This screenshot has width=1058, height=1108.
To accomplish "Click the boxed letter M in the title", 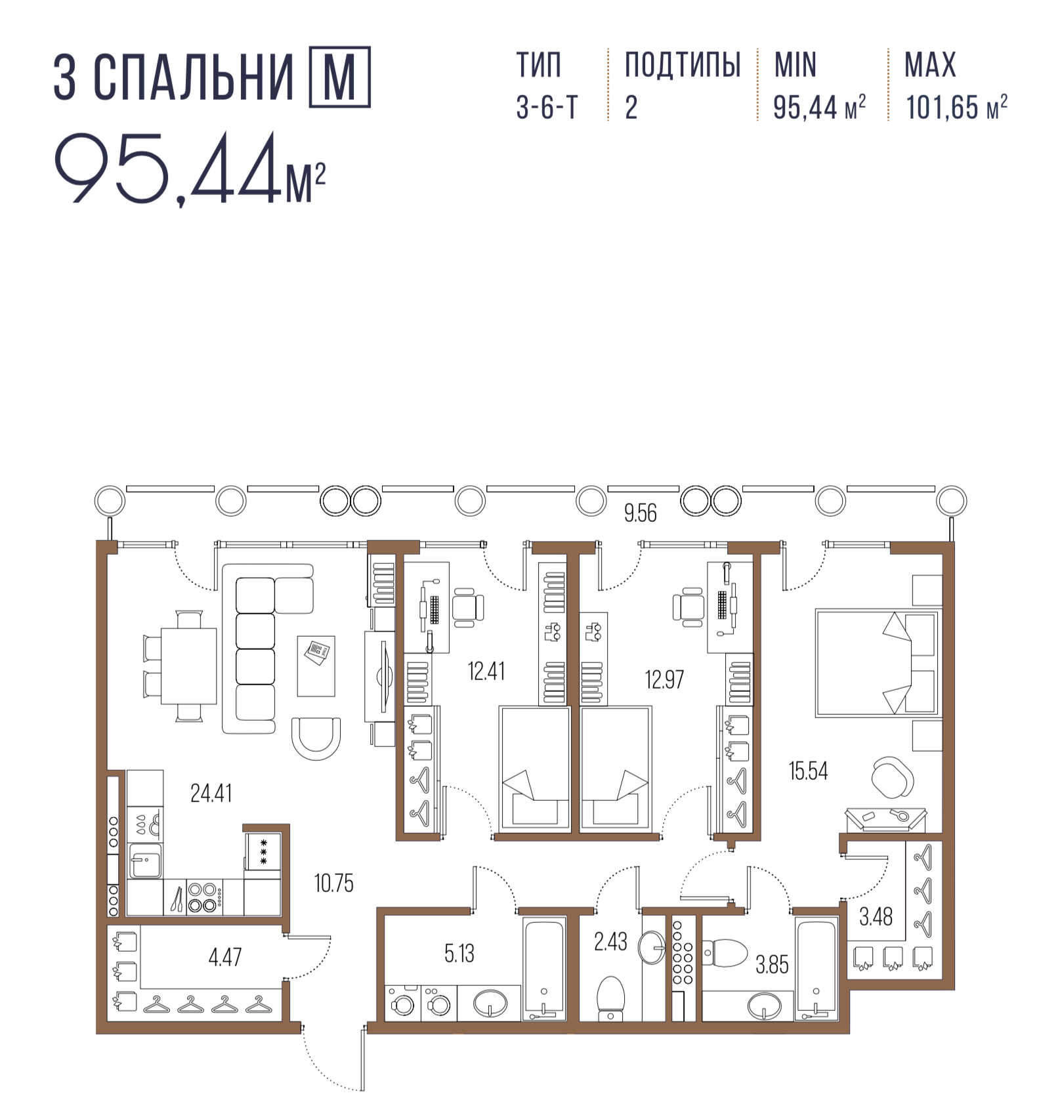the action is (x=339, y=77).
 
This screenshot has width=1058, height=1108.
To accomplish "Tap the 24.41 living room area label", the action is (x=211, y=793).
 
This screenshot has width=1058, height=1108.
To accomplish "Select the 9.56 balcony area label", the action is (x=640, y=513).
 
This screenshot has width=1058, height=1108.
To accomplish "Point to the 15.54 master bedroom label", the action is (x=808, y=771).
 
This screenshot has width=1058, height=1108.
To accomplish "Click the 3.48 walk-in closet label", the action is (x=876, y=916).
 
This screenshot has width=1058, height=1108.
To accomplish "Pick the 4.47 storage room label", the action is (x=225, y=957).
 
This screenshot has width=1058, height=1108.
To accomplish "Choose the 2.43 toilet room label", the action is (x=610, y=942).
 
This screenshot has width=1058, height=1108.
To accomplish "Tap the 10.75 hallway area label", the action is (x=333, y=884).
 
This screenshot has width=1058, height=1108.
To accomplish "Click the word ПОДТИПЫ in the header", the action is (x=683, y=64).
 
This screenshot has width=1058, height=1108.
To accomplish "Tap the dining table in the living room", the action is (x=189, y=666).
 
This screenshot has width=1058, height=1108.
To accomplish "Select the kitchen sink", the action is (x=144, y=861).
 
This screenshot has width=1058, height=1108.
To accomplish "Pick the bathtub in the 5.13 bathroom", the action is (x=544, y=969).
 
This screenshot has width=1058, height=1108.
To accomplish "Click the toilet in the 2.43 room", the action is (x=610, y=998).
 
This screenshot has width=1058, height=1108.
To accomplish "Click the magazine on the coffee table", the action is (x=318, y=652).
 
